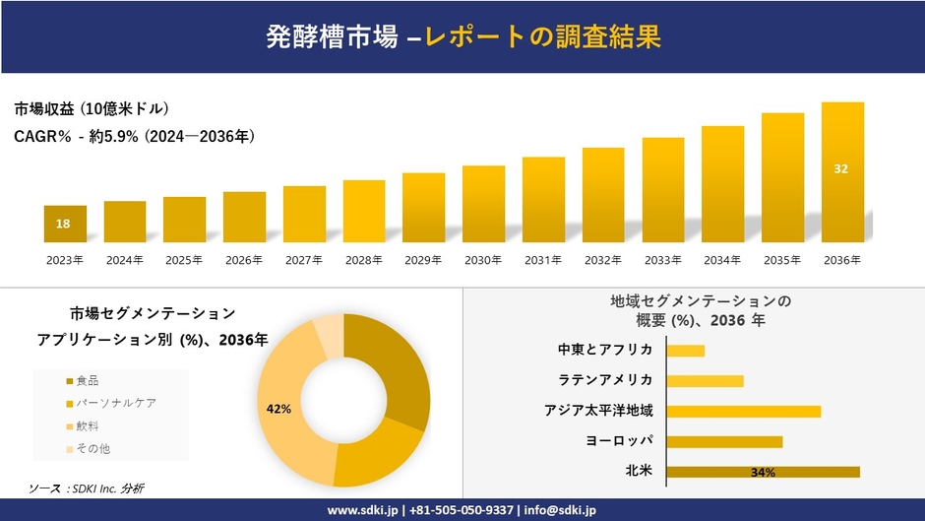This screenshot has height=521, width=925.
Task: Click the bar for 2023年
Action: (65, 224)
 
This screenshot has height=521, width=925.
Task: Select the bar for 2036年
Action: (842, 172)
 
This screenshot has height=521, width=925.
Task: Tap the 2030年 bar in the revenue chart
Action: (483, 204)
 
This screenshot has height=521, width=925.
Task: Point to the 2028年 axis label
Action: (363, 260)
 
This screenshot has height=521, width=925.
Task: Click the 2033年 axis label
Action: (662, 260)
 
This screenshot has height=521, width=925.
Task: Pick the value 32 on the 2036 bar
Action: (840, 168)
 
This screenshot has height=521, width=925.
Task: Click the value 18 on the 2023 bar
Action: (63, 224)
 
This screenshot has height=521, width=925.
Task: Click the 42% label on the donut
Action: (278, 408)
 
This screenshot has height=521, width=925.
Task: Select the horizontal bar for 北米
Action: (763, 472)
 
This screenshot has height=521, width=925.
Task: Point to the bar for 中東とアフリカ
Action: (685, 351)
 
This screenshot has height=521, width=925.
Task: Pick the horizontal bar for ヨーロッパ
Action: (724, 441)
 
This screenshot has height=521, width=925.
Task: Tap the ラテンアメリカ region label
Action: (605, 380)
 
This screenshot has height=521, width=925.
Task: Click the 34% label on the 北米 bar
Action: (763, 473)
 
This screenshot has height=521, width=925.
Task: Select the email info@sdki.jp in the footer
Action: (558, 510)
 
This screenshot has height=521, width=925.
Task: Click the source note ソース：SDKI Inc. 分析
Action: (86, 488)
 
